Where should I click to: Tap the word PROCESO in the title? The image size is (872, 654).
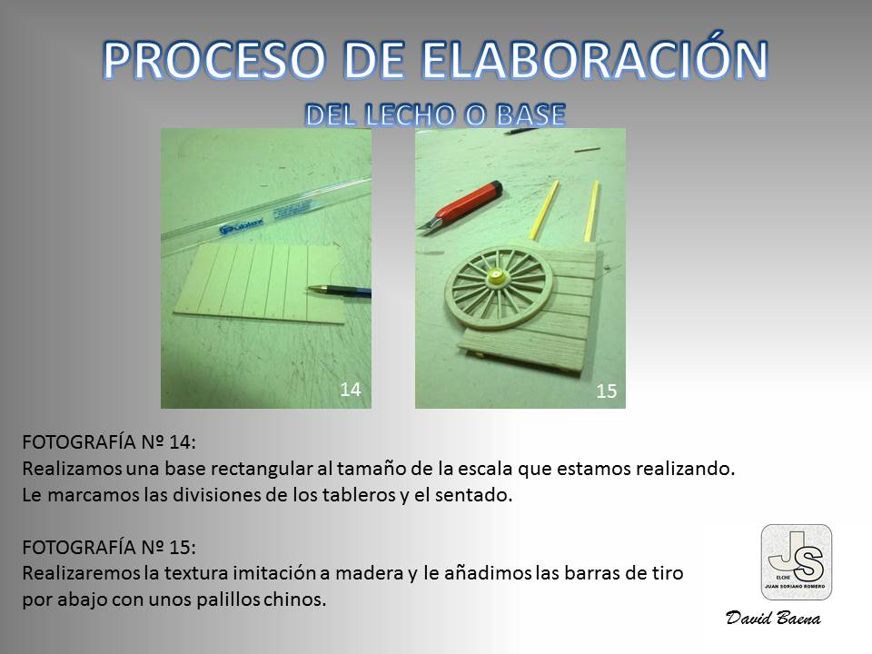point(213,60)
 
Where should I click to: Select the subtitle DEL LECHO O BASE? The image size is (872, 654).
point(435,114)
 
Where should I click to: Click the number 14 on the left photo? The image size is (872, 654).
point(351,390)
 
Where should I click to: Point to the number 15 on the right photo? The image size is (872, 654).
point(606,391)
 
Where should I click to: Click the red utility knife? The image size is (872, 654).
point(460,206)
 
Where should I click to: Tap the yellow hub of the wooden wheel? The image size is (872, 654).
point(494,276)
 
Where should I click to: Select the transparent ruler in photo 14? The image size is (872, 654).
point(266,217)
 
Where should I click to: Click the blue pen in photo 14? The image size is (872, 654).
point(339,291)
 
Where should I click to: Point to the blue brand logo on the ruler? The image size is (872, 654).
point(242,226)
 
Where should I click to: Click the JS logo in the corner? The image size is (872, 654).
point(797,562)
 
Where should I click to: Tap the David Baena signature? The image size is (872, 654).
point(773,618)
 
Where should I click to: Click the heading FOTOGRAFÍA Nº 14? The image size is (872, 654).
point(109,442)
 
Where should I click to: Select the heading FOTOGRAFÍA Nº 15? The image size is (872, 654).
point(109,547)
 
